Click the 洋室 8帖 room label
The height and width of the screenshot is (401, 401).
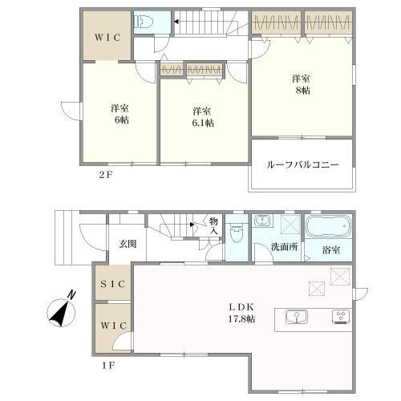301,84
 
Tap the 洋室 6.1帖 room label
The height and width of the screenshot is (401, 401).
201,116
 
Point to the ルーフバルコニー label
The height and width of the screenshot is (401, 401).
303,164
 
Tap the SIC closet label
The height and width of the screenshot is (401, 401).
111,283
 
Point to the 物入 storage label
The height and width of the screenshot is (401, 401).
214,226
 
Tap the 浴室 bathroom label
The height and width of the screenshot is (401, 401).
331,249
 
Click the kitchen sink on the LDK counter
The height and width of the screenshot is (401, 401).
295,318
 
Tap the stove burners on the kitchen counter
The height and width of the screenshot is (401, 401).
340,318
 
